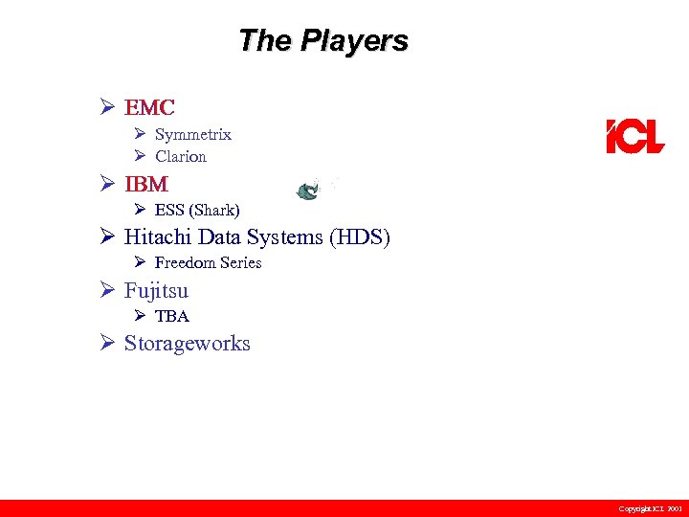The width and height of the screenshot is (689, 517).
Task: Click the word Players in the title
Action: tap(354, 41)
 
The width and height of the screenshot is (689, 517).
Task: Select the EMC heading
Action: tap(149, 107)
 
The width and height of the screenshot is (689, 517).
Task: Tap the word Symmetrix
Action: tap(193, 135)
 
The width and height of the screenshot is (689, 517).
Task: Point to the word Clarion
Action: tap(181, 156)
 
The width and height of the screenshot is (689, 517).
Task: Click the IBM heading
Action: tap(146, 183)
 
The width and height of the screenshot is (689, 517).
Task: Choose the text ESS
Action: tap(170, 210)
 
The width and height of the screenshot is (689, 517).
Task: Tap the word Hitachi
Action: tap(158, 236)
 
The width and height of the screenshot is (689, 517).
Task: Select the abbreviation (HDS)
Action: tap(360, 236)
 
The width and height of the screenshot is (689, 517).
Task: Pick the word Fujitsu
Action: tap(157, 290)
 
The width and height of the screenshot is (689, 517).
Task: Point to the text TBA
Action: tap(172, 316)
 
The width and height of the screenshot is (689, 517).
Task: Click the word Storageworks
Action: tap(188, 344)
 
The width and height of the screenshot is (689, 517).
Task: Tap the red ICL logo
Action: tap(634, 137)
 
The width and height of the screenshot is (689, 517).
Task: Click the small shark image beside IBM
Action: tap(309, 191)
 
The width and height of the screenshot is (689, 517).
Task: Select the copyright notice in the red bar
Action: tap(650, 508)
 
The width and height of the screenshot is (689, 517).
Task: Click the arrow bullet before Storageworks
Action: tap(108, 343)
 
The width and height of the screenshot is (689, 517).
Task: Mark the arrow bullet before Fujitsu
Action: tap(108, 289)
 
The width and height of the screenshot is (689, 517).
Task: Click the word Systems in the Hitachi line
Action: tap(285, 236)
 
